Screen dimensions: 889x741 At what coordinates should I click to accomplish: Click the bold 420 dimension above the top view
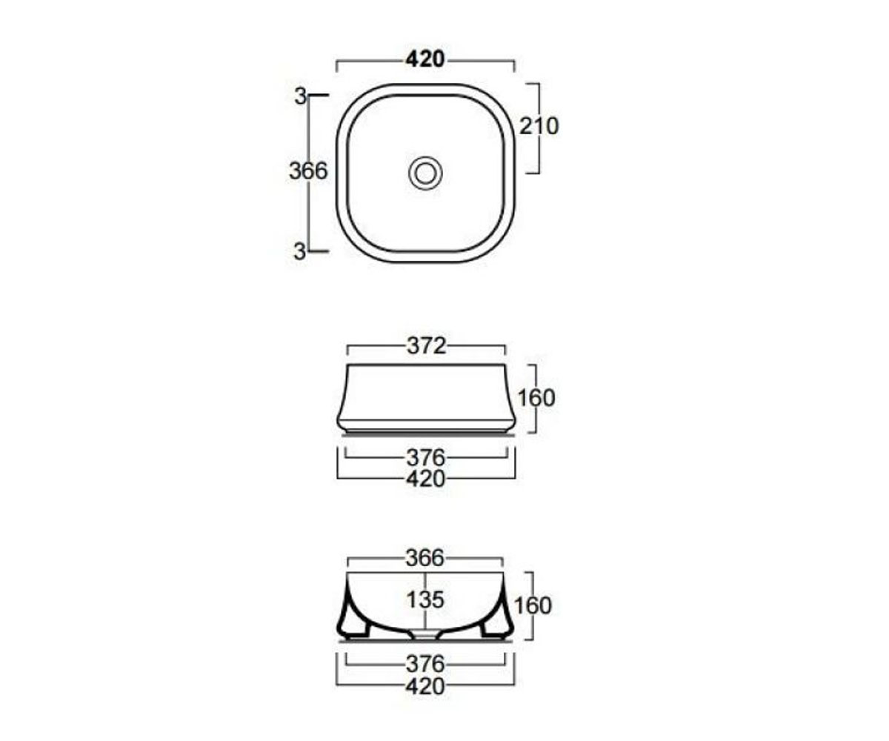425,59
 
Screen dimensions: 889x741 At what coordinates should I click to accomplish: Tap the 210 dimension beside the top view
539,126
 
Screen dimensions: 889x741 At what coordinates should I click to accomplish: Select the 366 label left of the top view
308,171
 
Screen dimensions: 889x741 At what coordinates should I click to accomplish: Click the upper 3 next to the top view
300,97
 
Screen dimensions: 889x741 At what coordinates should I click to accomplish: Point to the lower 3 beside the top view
300,252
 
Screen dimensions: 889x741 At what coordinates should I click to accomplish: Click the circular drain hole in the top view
425,173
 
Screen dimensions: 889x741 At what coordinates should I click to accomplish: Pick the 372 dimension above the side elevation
426,346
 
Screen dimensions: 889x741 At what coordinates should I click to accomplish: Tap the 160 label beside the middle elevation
536,398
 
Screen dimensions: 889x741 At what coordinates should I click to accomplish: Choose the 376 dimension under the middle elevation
425,458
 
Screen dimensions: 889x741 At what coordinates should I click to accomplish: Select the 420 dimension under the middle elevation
425,479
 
